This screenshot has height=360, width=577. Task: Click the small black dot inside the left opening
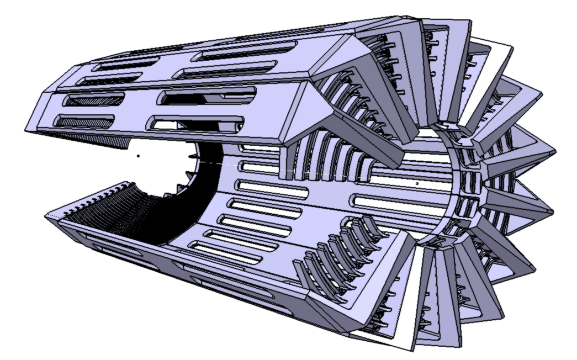click(138, 156)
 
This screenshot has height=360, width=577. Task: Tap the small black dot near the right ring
click(417, 182)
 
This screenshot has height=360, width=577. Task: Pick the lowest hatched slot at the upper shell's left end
click(86, 120)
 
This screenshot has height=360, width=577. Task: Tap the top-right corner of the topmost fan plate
click(470, 22)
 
